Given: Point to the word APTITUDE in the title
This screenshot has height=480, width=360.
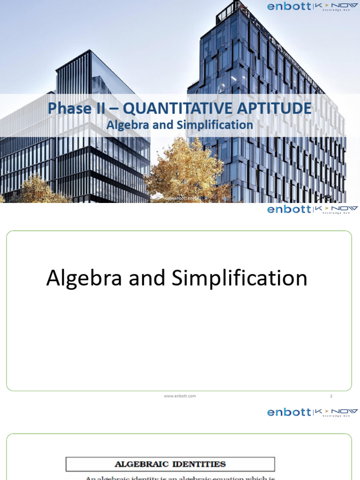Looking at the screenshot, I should click(x=274, y=109).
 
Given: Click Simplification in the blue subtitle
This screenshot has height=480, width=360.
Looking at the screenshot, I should click(x=215, y=125).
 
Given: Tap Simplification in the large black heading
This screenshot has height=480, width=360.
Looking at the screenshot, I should click(x=239, y=278).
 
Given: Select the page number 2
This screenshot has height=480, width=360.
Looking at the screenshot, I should click(x=331, y=396).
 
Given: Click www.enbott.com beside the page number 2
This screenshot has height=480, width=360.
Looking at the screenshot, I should click(x=180, y=396).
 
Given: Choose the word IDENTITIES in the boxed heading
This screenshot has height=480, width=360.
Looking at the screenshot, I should click(x=200, y=464).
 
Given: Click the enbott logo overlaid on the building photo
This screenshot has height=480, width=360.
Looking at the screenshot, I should click(x=289, y=7).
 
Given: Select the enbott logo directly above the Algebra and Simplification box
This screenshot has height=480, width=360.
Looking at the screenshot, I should click(x=289, y=209).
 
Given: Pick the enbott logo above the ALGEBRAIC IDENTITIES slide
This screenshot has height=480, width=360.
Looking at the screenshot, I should click(x=289, y=412).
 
